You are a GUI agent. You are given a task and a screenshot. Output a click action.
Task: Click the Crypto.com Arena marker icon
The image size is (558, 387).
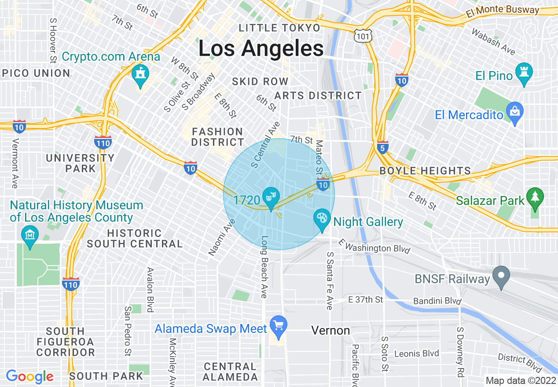click(140, 74)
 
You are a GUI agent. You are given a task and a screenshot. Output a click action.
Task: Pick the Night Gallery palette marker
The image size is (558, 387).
click(322, 219)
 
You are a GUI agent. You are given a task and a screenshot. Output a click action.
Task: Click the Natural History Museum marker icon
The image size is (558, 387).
click(30, 235)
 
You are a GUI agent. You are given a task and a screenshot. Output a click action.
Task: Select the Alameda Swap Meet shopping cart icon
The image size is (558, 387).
click(278, 326)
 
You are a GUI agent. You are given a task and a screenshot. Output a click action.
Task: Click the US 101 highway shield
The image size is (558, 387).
click(366, 36)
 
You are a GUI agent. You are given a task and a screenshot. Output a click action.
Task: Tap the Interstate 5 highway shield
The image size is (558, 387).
click(383, 148)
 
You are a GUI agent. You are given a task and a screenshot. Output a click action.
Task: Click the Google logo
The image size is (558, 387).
click(29, 376)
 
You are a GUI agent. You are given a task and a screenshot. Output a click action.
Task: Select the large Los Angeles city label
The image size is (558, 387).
click(261, 48)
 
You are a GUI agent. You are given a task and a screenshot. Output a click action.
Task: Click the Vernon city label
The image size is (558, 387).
click(330, 330)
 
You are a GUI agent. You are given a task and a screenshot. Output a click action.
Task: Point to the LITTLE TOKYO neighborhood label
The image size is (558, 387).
click(279, 28)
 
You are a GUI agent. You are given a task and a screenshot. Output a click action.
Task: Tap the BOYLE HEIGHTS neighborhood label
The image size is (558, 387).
click(425, 171)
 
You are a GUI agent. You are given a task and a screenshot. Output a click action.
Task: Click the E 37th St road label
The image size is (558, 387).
click(365, 300)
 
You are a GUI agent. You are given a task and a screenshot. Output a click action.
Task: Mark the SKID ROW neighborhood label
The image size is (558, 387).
click(260, 81)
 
